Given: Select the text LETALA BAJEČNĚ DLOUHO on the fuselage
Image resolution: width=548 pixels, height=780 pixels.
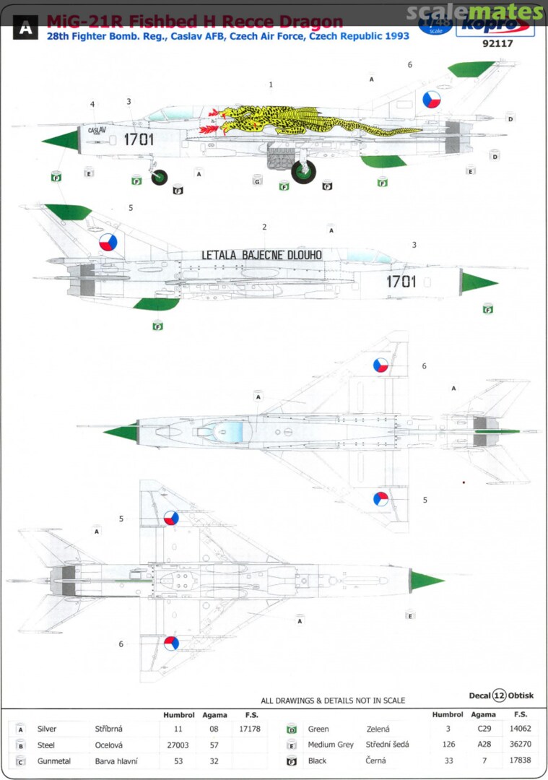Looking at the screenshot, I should click(261, 254).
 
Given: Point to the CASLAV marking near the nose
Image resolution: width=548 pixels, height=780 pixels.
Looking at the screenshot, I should click(96, 131).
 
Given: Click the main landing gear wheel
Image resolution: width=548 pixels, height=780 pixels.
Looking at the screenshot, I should click(303, 172).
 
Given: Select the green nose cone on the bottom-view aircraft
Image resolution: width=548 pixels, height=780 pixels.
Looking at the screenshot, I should click(426, 580).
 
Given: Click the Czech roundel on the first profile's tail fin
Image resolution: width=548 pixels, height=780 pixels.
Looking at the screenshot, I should click(432, 99).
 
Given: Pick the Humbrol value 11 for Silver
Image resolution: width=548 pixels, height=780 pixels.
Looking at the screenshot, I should click(169, 729).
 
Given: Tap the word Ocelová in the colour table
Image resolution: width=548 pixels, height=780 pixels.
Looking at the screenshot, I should click(109, 745).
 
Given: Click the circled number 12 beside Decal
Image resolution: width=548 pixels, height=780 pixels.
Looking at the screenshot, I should click(500, 695).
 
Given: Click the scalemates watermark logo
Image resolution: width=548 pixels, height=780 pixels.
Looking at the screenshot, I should click(474, 12).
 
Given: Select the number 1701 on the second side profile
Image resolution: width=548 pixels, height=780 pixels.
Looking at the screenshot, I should click(401, 281).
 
